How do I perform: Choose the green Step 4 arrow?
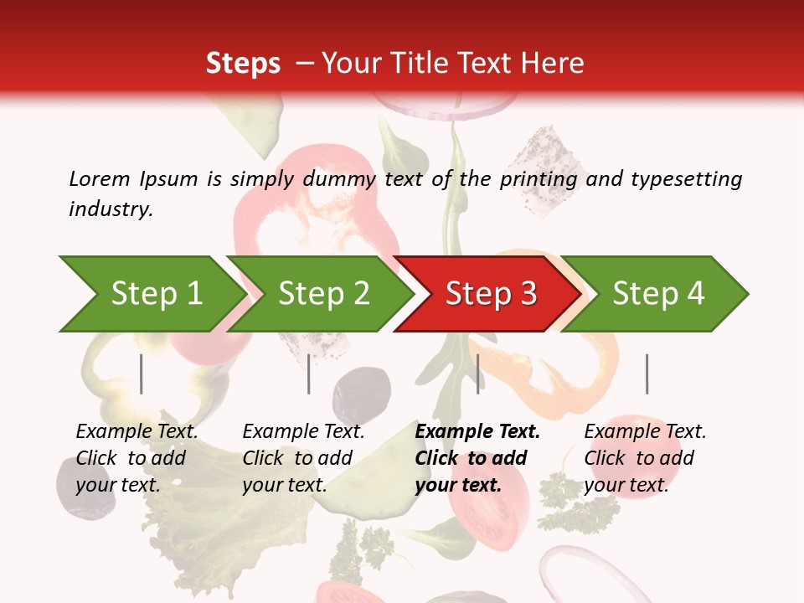pos(657,294)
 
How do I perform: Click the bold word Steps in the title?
pos(243,63)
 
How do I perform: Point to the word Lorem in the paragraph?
pos(99,178)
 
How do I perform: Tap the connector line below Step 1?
pos(142,374)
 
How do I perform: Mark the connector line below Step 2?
pos(309,374)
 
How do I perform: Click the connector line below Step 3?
pos(477,374)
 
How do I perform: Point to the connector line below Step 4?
pos(647,374)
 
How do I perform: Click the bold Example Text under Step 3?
pos(477,432)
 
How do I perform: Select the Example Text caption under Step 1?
pos(137,432)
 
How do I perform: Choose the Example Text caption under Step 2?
pos(303,432)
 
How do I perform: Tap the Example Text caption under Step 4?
pos(645,432)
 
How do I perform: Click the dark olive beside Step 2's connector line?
pos(362,391)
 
